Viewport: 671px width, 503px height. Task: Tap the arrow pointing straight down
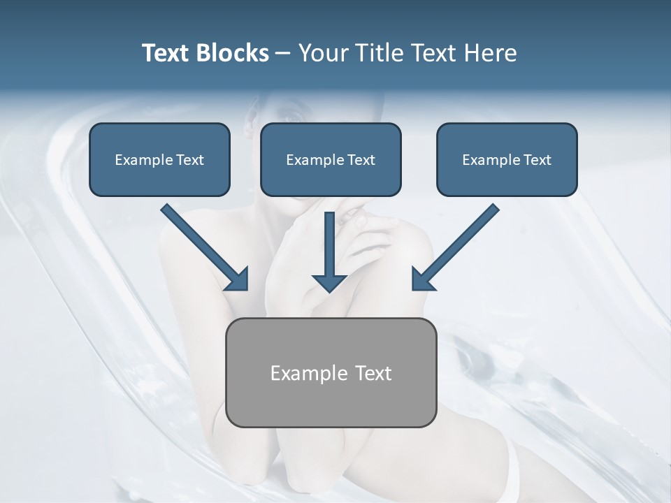329,251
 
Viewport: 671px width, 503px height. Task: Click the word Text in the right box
537,160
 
